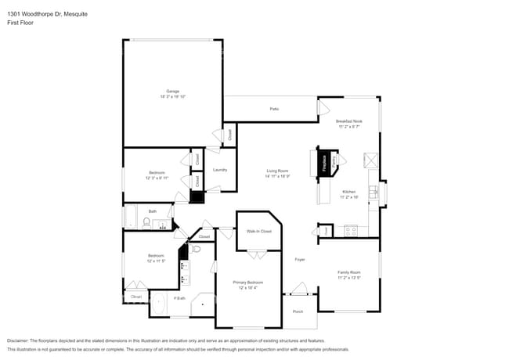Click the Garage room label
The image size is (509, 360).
coord(172,92)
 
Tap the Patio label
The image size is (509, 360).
coord(274,109)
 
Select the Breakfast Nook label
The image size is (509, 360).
coord(349,121)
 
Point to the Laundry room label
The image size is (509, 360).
coord(220,170)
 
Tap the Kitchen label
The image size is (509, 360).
coord(348,192)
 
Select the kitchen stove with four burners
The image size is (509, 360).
coord(351,230)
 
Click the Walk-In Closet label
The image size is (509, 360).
coord(258,232)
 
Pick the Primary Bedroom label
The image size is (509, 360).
coord(247,282)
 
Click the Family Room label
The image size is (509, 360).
coord(348,272)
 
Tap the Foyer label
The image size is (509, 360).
coord(299,259)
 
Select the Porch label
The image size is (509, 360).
coord(298,311)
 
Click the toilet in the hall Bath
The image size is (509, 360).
coord(146,222)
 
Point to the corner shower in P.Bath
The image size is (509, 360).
coord(204,305)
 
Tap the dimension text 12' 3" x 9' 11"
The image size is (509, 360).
coord(157,178)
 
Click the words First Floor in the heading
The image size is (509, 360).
coord(20,23)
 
